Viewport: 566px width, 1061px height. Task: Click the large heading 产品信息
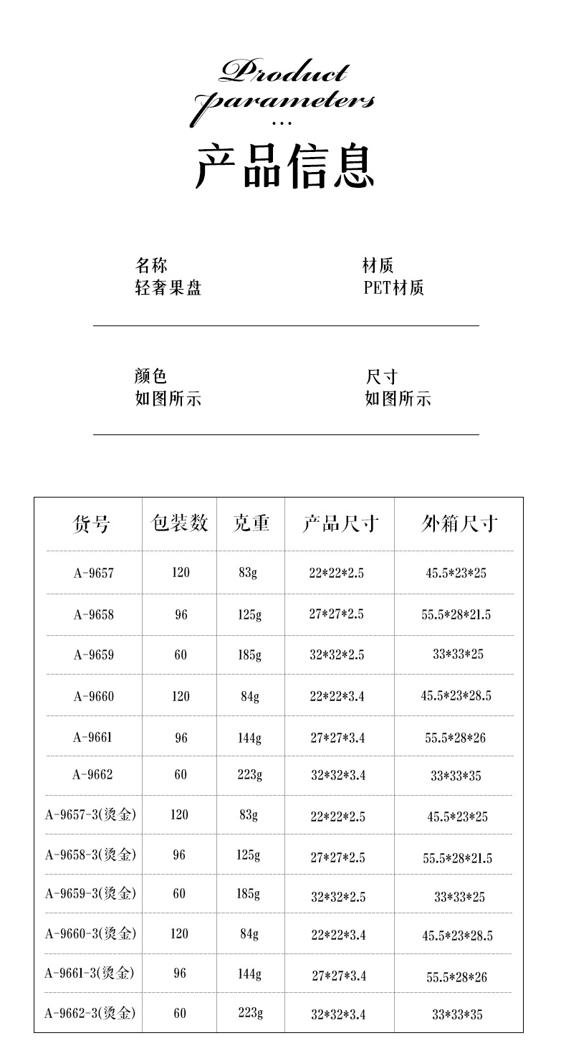click(x=284, y=166)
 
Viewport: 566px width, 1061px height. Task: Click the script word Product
click(x=284, y=72)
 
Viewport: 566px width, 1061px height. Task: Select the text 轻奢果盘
click(x=168, y=288)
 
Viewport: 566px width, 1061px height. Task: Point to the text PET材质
click(x=394, y=288)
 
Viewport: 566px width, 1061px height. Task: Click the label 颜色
click(x=150, y=376)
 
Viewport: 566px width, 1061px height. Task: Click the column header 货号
click(x=92, y=524)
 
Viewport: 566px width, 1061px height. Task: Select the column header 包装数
click(x=180, y=523)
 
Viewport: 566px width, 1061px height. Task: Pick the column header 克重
click(x=251, y=523)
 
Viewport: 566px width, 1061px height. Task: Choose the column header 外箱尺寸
click(x=459, y=524)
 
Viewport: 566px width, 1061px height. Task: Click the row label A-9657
click(x=93, y=573)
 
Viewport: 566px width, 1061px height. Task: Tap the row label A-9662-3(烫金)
click(x=90, y=1013)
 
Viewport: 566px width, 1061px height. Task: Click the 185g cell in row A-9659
click(x=250, y=655)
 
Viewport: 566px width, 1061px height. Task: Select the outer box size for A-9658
click(x=456, y=614)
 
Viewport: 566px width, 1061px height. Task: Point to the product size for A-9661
click(x=337, y=738)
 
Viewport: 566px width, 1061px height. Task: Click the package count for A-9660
click(x=181, y=696)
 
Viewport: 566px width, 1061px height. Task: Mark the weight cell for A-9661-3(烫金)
click(x=250, y=974)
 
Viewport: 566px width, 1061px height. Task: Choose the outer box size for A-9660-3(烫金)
click(x=457, y=936)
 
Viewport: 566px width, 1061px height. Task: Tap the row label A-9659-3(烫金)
click(x=90, y=894)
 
